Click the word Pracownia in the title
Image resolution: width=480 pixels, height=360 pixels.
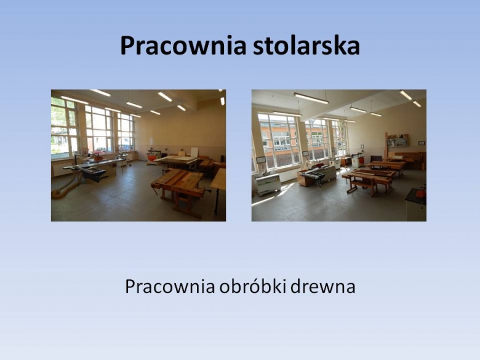183,46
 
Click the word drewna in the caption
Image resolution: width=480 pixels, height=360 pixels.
323,287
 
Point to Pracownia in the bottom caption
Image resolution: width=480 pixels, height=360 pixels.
170,287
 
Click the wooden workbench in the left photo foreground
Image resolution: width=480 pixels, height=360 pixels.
178,190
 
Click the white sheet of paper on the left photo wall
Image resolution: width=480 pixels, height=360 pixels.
151,140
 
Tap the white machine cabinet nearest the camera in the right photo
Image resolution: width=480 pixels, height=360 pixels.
268,184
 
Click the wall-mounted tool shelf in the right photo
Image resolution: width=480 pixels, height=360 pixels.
398,140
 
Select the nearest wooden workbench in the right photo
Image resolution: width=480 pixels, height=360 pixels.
367,182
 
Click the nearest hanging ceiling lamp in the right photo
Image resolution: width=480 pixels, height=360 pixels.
311,98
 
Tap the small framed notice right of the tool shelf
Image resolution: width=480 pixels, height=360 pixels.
422,143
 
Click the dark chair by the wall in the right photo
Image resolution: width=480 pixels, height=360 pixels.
376,159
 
